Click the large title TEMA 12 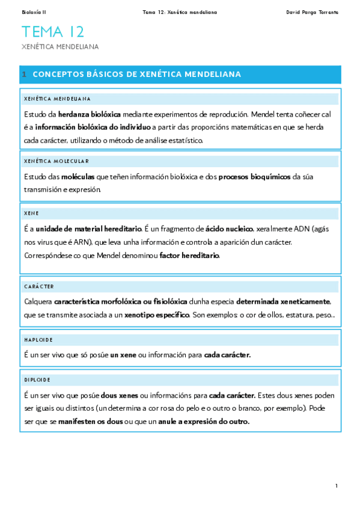[x=53, y=32]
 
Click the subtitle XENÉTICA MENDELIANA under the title [x=60, y=46]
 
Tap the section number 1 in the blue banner [x=24, y=75]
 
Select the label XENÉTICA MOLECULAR [x=56, y=161]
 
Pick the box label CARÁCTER [x=39, y=287]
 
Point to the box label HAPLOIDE [x=37, y=340]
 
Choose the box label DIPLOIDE [x=37, y=380]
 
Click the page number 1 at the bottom [x=337, y=486]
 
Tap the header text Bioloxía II [x=34, y=12]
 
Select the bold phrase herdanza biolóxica [x=90, y=114]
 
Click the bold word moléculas [x=78, y=177]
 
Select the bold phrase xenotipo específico [x=157, y=315]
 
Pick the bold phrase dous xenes [x=119, y=396]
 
